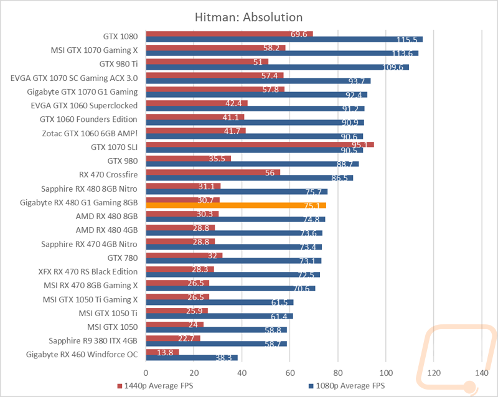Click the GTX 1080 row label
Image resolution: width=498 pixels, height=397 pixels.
pos(120,35)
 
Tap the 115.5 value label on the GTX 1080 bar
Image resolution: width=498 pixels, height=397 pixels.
pos(408,39)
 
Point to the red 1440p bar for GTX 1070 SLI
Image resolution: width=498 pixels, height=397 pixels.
pos(259,144)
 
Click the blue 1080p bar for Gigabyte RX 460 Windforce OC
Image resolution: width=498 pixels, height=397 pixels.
pos(191,358)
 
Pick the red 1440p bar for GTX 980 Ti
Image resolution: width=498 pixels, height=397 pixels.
pos(207,61)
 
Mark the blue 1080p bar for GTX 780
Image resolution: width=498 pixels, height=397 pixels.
pos(233,261)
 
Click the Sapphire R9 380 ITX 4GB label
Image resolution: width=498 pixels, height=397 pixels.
pos(93,340)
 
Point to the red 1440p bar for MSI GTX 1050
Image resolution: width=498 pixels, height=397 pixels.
pos(174,324)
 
